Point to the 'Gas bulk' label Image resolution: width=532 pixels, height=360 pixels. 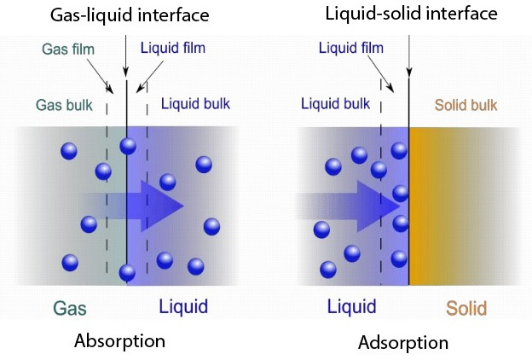pyautogui.click(x=65, y=106)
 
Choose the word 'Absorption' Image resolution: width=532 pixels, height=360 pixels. pyautogui.click(x=119, y=341)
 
